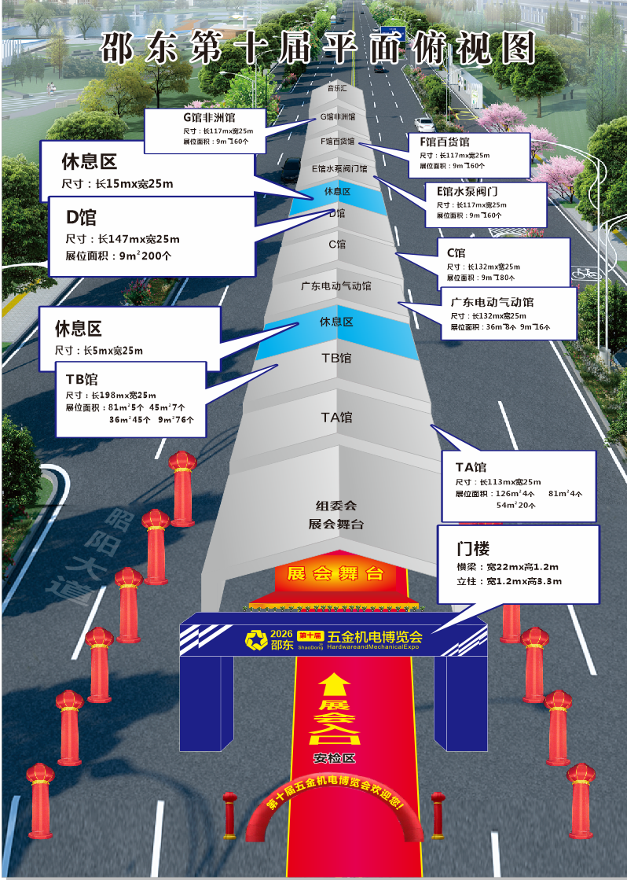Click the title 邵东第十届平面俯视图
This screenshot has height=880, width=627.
click(x=317, y=48)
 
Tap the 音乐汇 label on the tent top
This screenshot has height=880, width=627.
click(x=337, y=89)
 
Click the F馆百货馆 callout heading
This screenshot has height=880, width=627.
click(x=445, y=142)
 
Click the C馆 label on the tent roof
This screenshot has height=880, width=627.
click(x=337, y=245)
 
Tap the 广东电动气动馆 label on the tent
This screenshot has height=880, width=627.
click(x=336, y=286)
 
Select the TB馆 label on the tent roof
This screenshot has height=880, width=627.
click(x=336, y=358)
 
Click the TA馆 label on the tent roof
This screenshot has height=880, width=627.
click(x=336, y=417)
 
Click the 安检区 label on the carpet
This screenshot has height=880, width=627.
click(x=335, y=759)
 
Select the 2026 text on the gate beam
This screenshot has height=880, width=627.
click(x=280, y=634)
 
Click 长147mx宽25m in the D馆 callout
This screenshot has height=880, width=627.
click(x=138, y=238)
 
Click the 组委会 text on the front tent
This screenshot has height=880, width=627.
click(x=335, y=506)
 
